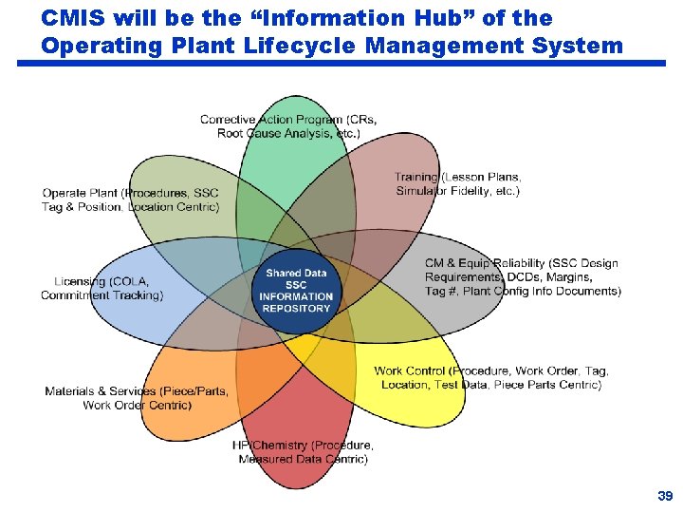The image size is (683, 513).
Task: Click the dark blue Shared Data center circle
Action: point(297,290)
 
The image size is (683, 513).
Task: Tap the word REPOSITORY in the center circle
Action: point(297,308)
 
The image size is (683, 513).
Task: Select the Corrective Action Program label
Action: point(287,126)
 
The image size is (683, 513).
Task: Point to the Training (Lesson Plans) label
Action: point(457,183)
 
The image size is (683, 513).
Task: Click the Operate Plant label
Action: point(130,199)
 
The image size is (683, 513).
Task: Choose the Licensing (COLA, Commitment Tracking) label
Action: point(102,288)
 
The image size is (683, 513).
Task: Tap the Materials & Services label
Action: point(136,398)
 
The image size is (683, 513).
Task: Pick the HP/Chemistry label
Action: point(303,451)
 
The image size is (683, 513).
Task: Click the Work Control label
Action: point(490,377)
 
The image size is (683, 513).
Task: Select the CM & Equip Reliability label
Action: point(522,276)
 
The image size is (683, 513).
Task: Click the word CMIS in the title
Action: point(74,18)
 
